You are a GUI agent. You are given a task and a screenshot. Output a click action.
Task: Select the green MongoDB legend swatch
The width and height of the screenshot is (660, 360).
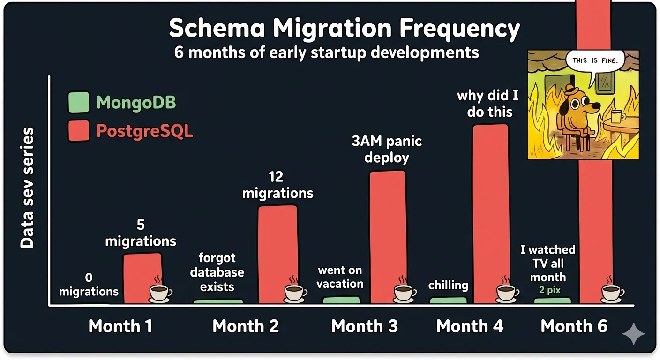click(78, 102)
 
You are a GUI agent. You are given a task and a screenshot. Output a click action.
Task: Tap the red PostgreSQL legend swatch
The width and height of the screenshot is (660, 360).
click(78, 130)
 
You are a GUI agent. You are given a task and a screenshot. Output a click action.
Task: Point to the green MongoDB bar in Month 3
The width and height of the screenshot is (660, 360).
click(341, 300)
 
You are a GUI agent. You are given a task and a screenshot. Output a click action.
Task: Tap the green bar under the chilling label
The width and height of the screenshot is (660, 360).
click(448, 300)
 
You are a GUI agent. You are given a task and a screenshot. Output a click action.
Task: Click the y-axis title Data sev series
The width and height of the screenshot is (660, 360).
click(27, 187)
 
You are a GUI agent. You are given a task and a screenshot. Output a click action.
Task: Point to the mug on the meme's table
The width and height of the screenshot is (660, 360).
click(615, 116)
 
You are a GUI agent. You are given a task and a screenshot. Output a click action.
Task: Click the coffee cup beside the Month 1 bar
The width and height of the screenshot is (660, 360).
click(160, 293)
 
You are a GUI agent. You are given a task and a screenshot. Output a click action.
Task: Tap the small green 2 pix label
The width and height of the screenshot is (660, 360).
click(549, 290)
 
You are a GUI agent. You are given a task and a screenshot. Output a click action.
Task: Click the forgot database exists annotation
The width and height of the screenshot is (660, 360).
click(217, 272)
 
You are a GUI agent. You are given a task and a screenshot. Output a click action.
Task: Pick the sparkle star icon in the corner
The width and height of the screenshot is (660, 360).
click(633, 333)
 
